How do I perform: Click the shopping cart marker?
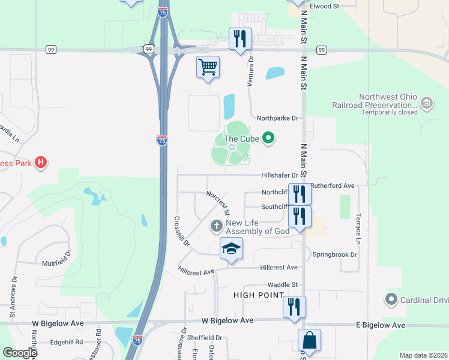click(x=208, y=67)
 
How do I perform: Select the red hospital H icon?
click(x=41, y=162)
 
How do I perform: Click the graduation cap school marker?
click(x=231, y=248)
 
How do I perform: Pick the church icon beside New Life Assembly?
click(x=216, y=227)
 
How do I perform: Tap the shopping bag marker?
click(x=309, y=340)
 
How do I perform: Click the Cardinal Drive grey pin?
click(x=391, y=298)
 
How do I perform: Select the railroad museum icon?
click(x=427, y=103)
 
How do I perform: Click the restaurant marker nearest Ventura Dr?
click(x=240, y=39)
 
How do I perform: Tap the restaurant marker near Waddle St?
click(x=294, y=307)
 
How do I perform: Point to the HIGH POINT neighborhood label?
click(x=259, y=295)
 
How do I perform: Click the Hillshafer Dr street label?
click(x=279, y=175)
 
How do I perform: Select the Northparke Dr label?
click(x=277, y=118)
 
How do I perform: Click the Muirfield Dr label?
click(x=57, y=263)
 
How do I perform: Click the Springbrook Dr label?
click(x=334, y=254)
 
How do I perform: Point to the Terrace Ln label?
click(x=358, y=229)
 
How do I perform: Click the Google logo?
click(x=19, y=353)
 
